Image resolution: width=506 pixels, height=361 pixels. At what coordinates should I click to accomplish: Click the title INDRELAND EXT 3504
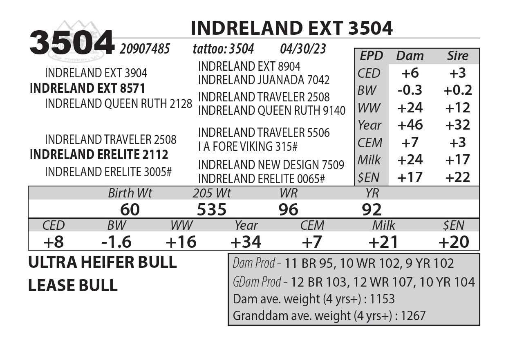[x=292, y=29]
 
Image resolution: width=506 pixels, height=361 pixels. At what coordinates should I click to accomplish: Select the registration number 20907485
[x=145, y=49]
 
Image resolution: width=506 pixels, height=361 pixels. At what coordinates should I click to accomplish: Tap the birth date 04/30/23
[x=303, y=49]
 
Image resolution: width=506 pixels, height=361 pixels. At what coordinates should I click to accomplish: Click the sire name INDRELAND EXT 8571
[x=87, y=88]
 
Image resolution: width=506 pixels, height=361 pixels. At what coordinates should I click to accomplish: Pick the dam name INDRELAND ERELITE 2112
[x=99, y=155]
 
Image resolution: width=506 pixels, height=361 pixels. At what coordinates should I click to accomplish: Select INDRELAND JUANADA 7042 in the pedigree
[x=264, y=80]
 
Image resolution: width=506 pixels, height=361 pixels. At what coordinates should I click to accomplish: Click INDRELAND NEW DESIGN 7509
[x=271, y=165]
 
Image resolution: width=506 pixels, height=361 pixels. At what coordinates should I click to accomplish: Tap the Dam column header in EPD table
[x=410, y=56]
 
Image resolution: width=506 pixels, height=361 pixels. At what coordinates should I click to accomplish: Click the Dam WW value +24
[x=410, y=108]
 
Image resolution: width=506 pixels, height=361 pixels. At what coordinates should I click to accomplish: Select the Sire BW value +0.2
[x=457, y=90]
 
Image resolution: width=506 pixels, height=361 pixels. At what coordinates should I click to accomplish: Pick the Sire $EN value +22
[x=457, y=177]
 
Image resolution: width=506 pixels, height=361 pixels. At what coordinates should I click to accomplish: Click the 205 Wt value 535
[x=211, y=210]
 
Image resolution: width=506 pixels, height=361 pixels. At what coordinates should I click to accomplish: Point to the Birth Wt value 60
[x=130, y=210]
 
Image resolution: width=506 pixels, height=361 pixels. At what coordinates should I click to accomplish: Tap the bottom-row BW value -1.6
[x=116, y=242]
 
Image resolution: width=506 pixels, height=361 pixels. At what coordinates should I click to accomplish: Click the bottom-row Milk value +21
[x=383, y=242]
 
